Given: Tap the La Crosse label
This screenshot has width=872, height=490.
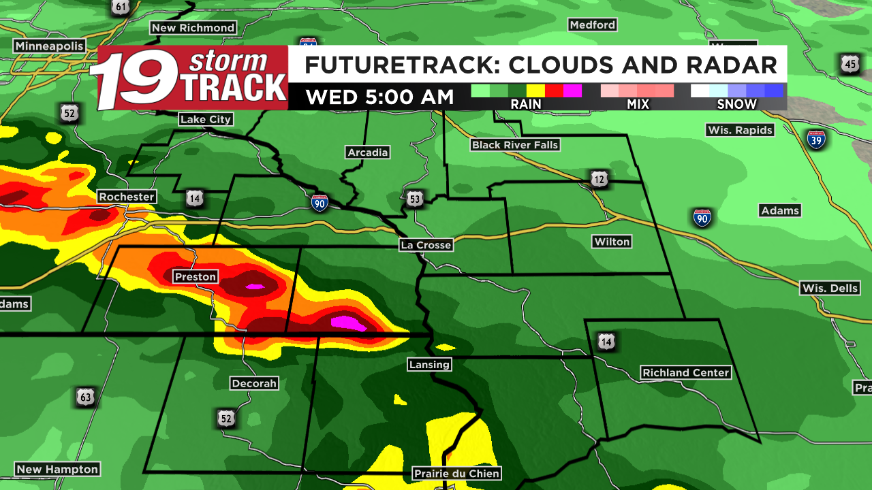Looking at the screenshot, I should pyautogui.click(x=426, y=245).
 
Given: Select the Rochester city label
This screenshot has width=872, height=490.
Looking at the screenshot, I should pyautogui.click(x=127, y=197).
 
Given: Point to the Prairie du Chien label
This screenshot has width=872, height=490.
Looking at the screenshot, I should pyautogui.click(x=456, y=474).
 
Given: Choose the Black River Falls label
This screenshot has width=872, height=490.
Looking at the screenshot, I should pyautogui.click(x=515, y=145).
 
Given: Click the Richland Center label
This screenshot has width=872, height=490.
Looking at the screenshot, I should pyautogui.click(x=685, y=373).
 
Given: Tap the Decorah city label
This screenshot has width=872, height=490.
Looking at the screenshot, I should pyautogui.click(x=254, y=383).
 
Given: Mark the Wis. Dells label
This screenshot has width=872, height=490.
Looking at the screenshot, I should pyautogui.click(x=830, y=288).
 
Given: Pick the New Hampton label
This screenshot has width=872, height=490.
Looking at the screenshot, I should pyautogui.click(x=57, y=470).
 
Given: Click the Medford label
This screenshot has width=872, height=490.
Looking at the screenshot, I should pyautogui.click(x=593, y=25).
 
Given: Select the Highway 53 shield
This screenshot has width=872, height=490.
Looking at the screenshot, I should pyautogui.click(x=416, y=199).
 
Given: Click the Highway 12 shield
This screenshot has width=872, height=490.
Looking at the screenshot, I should pyautogui.click(x=599, y=179).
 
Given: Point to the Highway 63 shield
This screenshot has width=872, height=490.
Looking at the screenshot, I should pyautogui.click(x=85, y=397).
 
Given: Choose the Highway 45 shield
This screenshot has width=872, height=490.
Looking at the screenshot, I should pyautogui.click(x=850, y=65).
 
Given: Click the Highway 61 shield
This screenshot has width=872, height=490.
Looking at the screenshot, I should pyautogui.click(x=121, y=7).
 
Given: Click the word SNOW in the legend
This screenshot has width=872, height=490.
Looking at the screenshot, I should pyautogui.click(x=736, y=104).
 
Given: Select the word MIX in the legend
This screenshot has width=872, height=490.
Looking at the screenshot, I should pyautogui.click(x=638, y=104).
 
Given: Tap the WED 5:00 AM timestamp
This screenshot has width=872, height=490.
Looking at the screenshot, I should pyautogui.click(x=379, y=97).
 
